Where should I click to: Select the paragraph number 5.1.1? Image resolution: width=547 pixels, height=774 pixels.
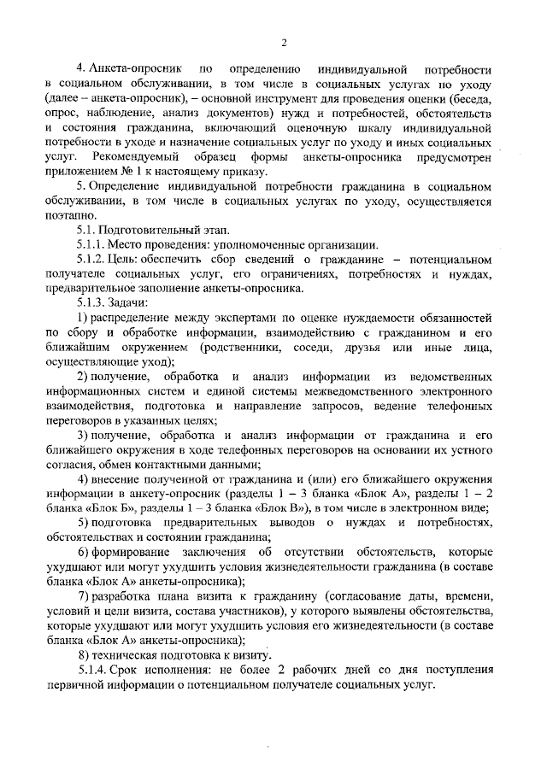(x=91, y=244)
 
